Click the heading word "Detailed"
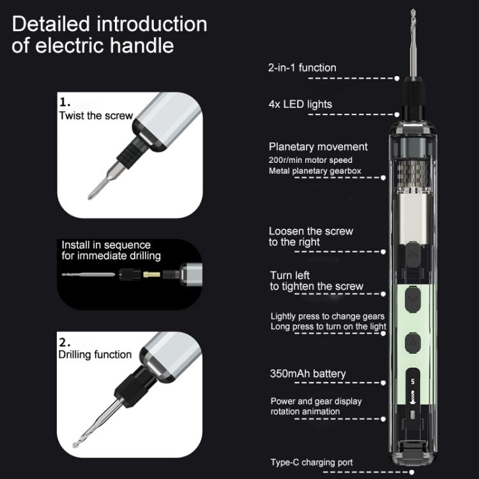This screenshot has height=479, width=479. click(x=50, y=24)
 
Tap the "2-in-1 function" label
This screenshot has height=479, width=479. click(x=302, y=67)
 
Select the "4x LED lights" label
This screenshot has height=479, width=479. click(x=300, y=104)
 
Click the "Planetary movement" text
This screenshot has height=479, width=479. click(x=318, y=147)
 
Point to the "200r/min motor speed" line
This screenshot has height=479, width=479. click(x=310, y=160)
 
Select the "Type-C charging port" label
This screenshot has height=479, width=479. click(x=311, y=462)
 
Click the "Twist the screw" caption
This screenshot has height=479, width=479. click(x=96, y=116)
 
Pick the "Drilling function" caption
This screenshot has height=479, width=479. click(x=95, y=354)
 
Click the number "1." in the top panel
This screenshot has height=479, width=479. click(x=65, y=102)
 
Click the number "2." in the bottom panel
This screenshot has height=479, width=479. click(x=65, y=341)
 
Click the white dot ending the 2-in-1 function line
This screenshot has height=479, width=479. click(x=397, y=79)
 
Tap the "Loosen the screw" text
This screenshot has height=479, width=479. click(x=310, y=231)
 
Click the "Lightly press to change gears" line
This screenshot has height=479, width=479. click(x=327, y=316)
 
